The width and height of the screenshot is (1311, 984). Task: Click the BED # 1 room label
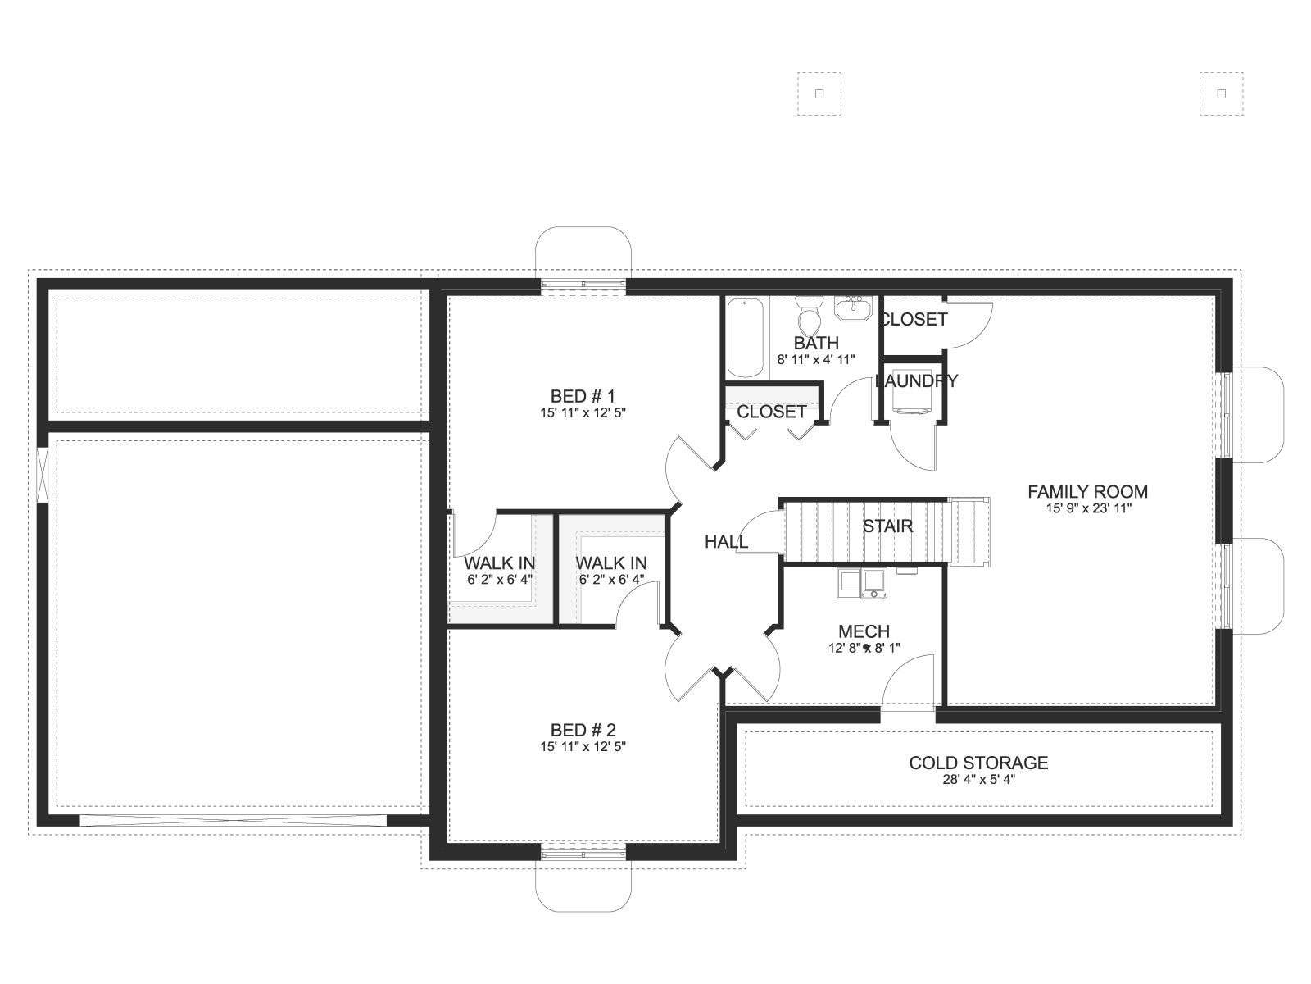tap(583, 396)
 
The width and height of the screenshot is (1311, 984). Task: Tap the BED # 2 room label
tap(583, 730)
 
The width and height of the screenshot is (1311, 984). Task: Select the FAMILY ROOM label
tap(1087, 492)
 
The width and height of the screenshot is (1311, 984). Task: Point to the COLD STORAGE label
tap(978, 763)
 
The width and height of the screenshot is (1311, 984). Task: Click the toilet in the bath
tap(810, 315)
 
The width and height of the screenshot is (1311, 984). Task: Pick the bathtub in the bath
tap(746, 338)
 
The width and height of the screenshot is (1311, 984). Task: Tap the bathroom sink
tap(854, 308)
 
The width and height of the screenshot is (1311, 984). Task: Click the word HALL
tap(726, 542)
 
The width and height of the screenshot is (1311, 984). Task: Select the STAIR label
tap(887, 526)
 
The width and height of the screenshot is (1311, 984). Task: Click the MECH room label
tap(864, 631)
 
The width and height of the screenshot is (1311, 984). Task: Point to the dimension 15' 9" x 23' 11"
tap(1088, 508)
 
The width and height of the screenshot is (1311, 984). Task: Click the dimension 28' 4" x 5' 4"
tap(979, 779)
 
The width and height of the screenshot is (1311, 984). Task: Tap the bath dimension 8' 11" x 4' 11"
tap(816, 360)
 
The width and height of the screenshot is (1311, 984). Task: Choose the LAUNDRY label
tap(916, 380)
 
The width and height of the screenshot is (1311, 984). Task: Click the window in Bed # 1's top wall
tap(583, 286)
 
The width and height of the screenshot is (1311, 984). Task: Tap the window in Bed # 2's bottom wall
tap(583, 854)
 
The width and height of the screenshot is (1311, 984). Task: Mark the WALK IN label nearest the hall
tap(610, 563)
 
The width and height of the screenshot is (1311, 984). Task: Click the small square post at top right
tap(1222, 93)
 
